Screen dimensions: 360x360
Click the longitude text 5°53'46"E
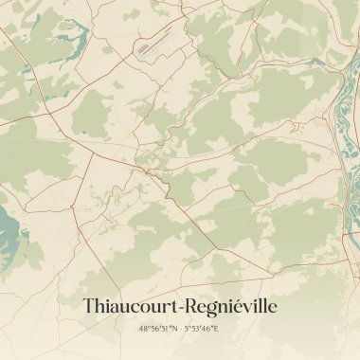coord(202,329)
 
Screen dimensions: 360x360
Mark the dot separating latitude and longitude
coord(180,329)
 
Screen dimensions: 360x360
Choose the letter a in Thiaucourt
coord(116,308)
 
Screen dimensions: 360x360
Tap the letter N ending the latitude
coord(173,329)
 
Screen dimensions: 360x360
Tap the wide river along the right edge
coord(346,114)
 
